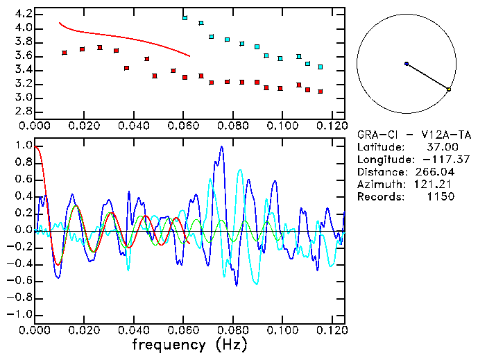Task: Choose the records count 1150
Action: pyautogui.click(x=441, y=197)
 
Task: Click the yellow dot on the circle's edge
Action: pyautogui.click(x=449, y=89)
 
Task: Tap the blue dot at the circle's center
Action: pyautogui.click(x=407, y=64)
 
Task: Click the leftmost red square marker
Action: pyautogui.click(x=65, y=53)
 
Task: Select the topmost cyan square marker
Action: pyautogui.click(x=185, y=17)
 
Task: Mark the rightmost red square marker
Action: pyautogui.click(x=320, y=92)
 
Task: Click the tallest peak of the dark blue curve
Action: pyautogui.click(x=221, y=147)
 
